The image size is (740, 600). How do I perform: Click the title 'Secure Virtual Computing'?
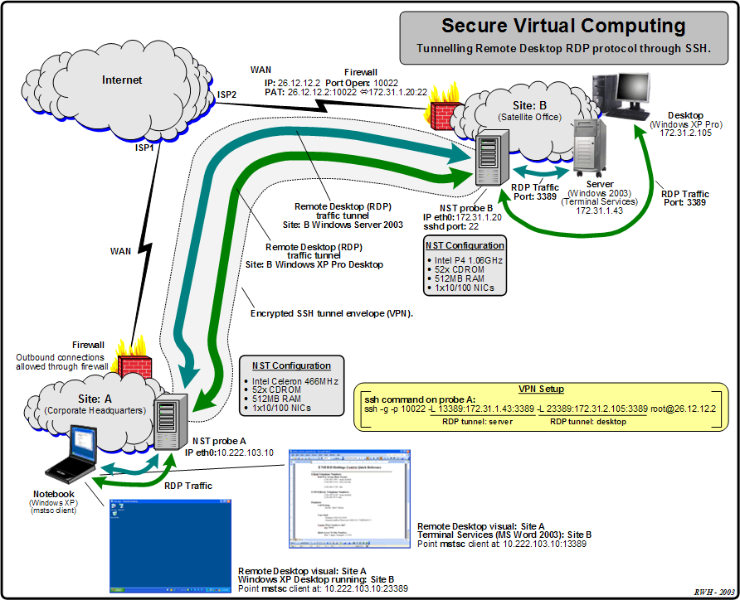563,26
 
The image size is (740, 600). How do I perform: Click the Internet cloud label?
122,80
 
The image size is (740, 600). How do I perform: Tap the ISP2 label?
227,94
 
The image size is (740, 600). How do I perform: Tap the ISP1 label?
145,148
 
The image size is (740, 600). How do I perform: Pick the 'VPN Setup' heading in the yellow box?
542,389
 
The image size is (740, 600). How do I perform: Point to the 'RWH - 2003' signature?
714,592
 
